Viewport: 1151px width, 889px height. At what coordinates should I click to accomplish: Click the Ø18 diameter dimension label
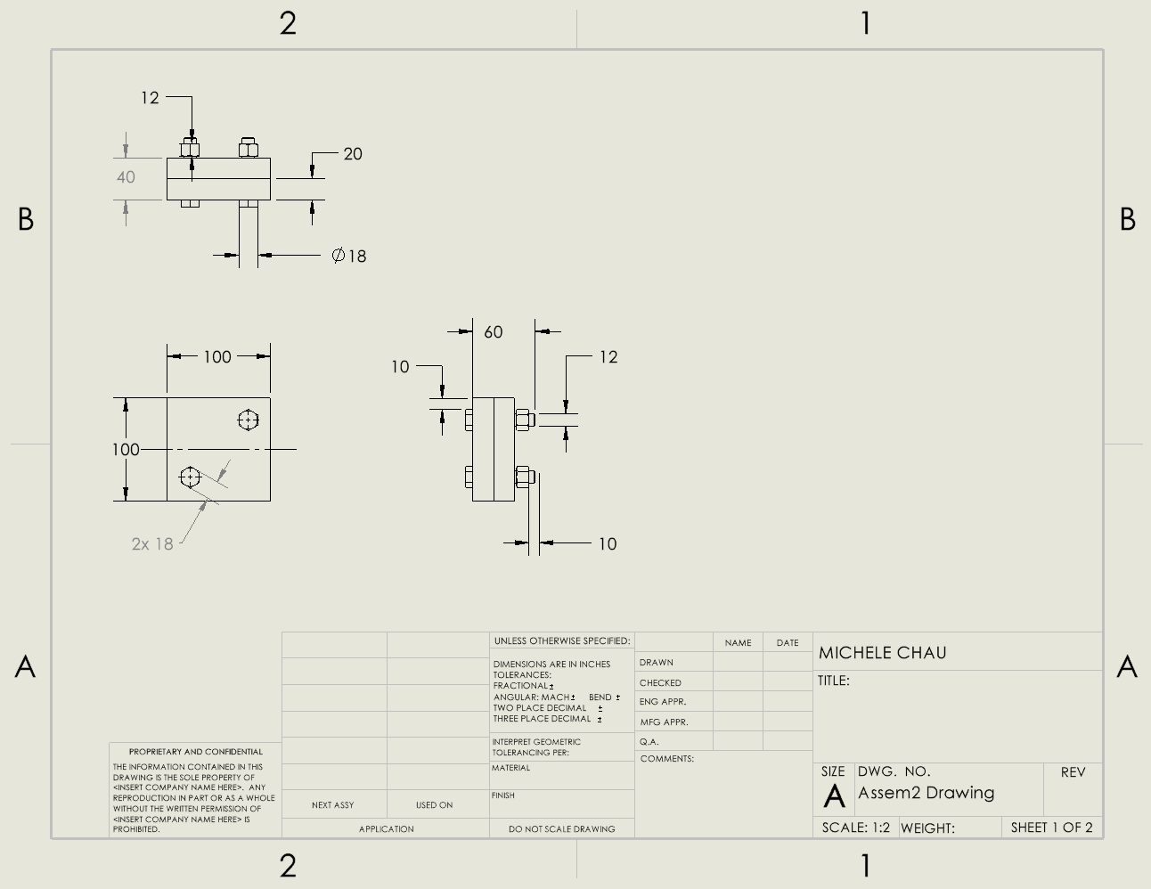pyautogui.click(x=349, y=257)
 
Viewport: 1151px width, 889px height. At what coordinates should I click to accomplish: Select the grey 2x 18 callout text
pyautogui.click(x=152, y=544)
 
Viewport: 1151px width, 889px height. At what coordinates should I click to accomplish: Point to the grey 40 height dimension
pyautogui.click(x=126, y=177)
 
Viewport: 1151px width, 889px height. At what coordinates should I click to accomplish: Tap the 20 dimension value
pyautogui.click(x=353, y=154)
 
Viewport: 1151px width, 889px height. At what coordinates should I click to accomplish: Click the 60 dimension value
pyautogui.click(x=493, y=332)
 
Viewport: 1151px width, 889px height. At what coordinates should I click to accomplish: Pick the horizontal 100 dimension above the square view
pyautogui.click(x=217, y=357)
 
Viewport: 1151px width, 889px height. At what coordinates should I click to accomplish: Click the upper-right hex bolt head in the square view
pyautogui.click(x=249, y=420)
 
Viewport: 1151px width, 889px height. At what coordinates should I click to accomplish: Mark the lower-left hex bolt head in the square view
pyautogui.click(x=190, y=477)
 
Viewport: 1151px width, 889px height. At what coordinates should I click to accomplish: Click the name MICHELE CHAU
pyautogui.click(x=882, y=653)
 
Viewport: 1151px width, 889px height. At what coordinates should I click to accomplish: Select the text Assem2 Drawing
pyautogui.click(x=926, y=793)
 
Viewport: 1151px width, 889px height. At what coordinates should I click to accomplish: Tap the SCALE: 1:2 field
pyautogui.click(x=855, y=828)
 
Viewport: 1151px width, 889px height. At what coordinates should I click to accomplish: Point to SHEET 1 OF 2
pyautogui.click(x=1051, y=828)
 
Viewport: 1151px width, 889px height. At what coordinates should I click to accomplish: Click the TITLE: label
pyautogui.click(x=834, y=681)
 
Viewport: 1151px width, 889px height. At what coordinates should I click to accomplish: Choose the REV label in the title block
pyautogui.click(x=1073, y=772)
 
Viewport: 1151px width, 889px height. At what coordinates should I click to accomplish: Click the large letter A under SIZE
pyautogui.click(x=834, y=796)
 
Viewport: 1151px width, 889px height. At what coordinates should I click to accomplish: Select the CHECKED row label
pyautogui.click(x=660, y=683)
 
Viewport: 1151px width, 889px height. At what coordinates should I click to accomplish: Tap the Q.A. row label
pyautogui.click(x=649, y=742)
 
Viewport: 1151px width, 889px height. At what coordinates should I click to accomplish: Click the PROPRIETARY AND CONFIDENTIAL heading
pyautogui.click(x=196, y=752)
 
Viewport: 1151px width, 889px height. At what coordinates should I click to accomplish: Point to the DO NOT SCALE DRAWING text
pyautogui.click(x=561, y=829)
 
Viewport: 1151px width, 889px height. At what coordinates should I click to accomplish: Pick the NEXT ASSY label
pyautogui.click(x=333, y=805)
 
